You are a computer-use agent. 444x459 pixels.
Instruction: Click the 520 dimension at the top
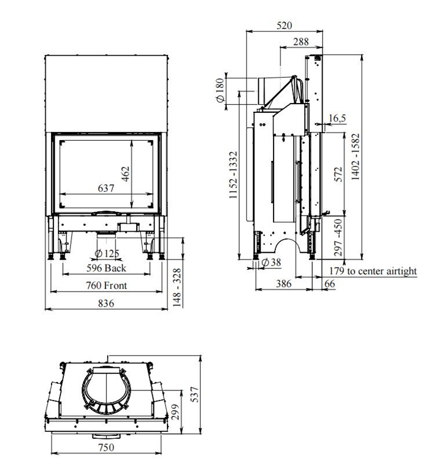[x=284, y=25]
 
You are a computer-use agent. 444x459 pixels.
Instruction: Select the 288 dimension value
[x=301, y=41]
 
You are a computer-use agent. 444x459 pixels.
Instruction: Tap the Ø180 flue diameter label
[x=220, y=90]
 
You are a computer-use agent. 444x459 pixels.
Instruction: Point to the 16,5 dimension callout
[x=337, y=118]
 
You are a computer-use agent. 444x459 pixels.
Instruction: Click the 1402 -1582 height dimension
[x=355, y=157]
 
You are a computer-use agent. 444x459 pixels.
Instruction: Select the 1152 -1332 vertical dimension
[x=233, y=174]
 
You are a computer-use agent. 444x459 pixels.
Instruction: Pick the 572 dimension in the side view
[x=338, y=174]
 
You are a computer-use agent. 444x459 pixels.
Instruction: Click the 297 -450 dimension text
[x=338, y=237]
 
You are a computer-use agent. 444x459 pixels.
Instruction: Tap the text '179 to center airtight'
[x=373, y=271]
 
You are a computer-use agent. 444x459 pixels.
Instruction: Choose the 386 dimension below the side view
[x=284, y=283]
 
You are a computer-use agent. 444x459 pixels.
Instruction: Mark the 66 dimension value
[x=330, y=283]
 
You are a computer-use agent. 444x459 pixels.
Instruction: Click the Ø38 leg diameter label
[x=271, y=262]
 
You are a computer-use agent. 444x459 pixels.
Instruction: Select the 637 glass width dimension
[x=106, y=188]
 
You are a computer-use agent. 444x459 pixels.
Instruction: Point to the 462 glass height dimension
[x=126, y=174]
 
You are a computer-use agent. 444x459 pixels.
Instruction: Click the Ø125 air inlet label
[x=107, y=253]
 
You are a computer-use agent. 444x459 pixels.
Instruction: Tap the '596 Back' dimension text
[x=106, y=268]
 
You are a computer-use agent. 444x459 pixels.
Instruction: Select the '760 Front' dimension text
[x=107, y=285]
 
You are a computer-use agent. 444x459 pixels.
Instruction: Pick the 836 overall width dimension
[x=106, y=303]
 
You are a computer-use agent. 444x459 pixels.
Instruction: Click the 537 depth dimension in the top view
[x=195, y=395]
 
